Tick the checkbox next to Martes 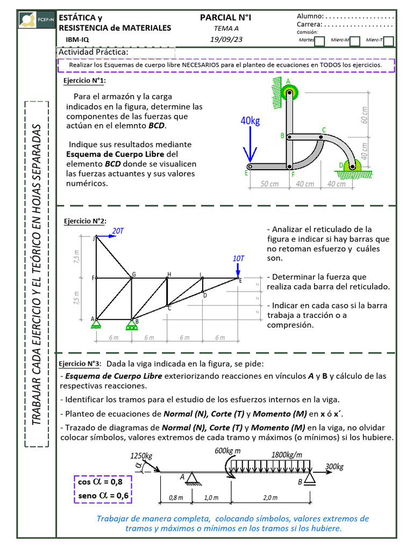tap(319, 41)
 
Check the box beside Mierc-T tap(389, 41)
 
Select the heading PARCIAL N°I tap(225, 18)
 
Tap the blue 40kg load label tap(250, 121)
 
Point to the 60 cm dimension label tap(366, 114)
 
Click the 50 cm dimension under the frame tap(269, 184)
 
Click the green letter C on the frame tap(324, 129)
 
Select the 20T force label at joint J tap(118, 231)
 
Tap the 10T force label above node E tap(239, 258)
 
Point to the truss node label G tap(134, 274)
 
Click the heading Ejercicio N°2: tap(85, 221)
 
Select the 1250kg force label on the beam tap(141, 456)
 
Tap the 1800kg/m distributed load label tap(287, 454)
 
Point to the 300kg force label tap(334, 466)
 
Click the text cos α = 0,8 tap(103, 482)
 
